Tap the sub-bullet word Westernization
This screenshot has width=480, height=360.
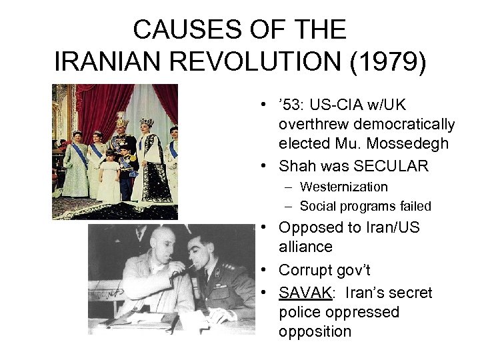click(343, 187)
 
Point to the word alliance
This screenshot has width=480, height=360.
click(306, 247)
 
